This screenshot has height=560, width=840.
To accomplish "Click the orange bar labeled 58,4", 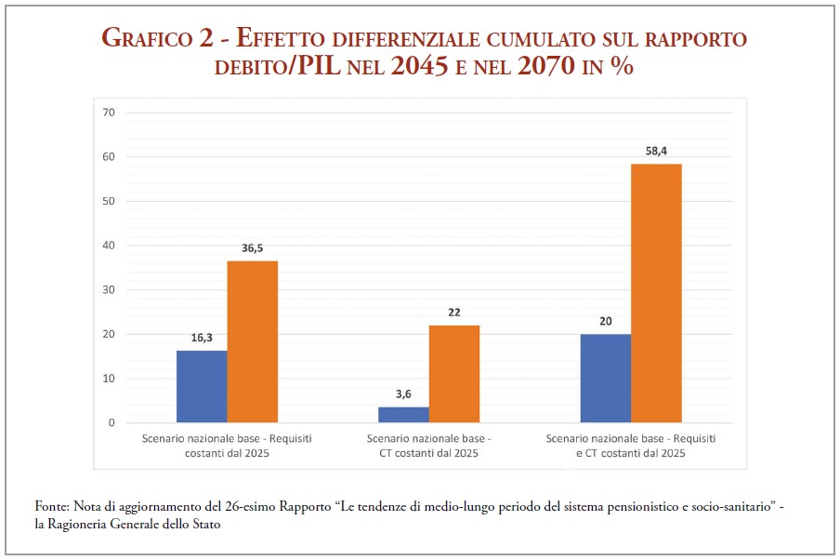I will (656, 293).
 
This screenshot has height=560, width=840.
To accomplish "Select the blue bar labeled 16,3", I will (202, 386).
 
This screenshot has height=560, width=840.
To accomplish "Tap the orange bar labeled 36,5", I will (253, 341).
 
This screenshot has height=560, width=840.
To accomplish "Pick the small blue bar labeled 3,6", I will (403, 415).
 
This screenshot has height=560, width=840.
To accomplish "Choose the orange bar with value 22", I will (454, 374).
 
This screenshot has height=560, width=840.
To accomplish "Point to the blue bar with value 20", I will (606, 378).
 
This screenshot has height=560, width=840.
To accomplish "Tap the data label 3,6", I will (403, 393).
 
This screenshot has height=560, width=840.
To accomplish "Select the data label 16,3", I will (202, 337).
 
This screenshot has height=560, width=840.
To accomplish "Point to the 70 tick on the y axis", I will (109, 113).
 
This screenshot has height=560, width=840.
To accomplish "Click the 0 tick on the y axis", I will (112, 423).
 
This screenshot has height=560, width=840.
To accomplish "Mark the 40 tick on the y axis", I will (109, 246).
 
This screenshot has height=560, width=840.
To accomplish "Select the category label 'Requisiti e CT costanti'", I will (631, 446).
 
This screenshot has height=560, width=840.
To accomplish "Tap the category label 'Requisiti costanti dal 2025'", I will (227, 446).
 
